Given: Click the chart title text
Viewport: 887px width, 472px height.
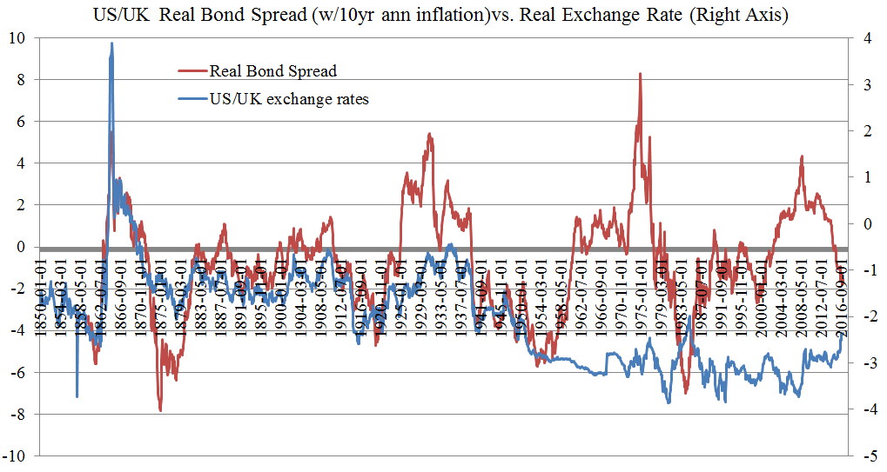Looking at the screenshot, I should click(x=443, y=17).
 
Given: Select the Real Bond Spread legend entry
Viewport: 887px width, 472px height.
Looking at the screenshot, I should click(x=272, y=70).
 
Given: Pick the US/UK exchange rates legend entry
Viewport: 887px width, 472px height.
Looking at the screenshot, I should click(x=289, y=99).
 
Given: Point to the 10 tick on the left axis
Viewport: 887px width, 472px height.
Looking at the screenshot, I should click(x=17, y=38).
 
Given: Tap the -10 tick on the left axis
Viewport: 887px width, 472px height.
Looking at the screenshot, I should click(x=14, y=456).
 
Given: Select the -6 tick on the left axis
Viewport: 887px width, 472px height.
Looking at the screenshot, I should click(x=17, y=373).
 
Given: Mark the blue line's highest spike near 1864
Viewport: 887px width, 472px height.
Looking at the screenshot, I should click(x=111, y=43).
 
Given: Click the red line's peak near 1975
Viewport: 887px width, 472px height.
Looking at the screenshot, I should click(x=641, y=74).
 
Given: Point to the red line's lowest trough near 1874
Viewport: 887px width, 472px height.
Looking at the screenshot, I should click(x=160, y=410).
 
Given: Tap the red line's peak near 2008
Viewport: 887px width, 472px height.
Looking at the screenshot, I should click(x=801, y=157).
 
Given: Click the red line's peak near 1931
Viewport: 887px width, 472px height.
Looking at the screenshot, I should click(x=430, y=135).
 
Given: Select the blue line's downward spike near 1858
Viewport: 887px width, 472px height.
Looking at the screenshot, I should click(x=77, y=396).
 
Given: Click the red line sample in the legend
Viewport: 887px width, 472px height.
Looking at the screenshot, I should click(x=192, y=70).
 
